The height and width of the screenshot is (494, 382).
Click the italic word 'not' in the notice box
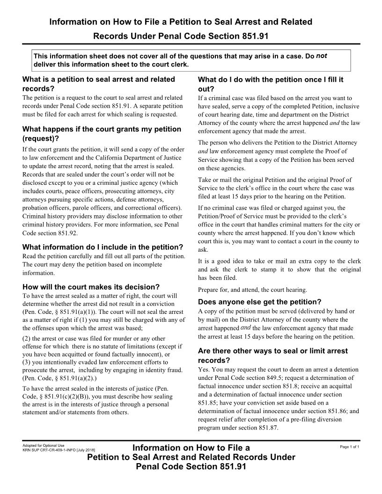tap(321, 56)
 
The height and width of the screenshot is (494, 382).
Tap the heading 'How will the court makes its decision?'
tap(91, 287)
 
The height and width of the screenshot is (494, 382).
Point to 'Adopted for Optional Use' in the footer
tap(44, 445)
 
